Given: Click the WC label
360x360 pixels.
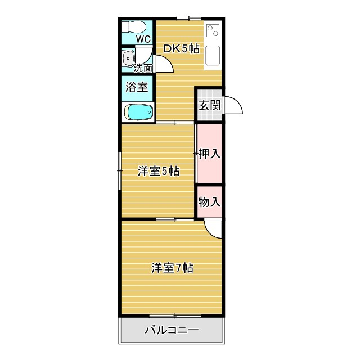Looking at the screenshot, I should [143, 39].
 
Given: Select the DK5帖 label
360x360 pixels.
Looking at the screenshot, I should [181, 49].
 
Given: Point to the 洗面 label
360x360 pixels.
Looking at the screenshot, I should [143, 68].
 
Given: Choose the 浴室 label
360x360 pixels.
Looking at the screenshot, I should [137, 87].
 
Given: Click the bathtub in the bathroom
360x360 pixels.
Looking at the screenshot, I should [138, 112].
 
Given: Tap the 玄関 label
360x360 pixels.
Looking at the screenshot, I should [209, 105].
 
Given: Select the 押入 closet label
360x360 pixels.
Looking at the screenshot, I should [209, 153].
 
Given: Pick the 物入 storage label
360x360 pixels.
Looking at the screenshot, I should [209, 202].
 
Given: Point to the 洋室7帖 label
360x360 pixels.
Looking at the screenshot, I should [172, 268].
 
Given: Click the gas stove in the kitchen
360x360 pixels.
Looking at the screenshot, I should [213, 33].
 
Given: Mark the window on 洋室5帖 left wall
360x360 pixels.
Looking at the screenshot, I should [120, 170].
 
